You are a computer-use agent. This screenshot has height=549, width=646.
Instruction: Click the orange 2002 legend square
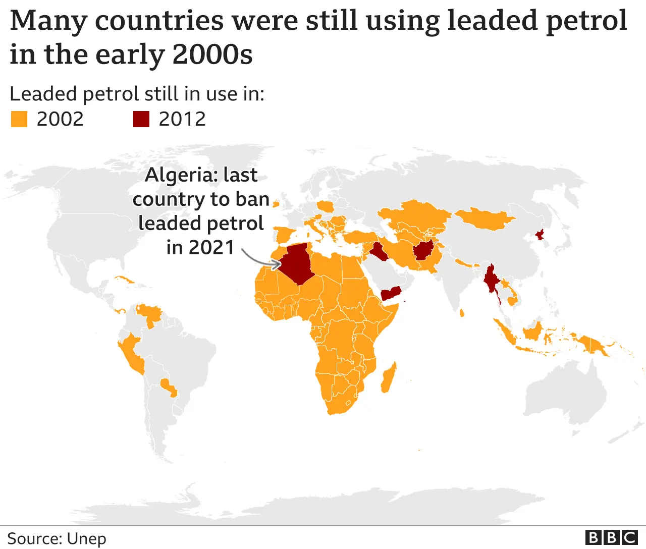19,119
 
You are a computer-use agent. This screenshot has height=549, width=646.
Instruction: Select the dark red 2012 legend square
141,119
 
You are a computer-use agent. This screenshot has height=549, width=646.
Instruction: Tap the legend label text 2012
182,119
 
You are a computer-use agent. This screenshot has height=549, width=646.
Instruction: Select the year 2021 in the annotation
211,248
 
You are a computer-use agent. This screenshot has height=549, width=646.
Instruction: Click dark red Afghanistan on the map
423,250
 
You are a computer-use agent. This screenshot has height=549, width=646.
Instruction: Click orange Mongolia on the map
484,218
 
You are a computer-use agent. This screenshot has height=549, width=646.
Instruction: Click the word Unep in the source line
86,538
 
